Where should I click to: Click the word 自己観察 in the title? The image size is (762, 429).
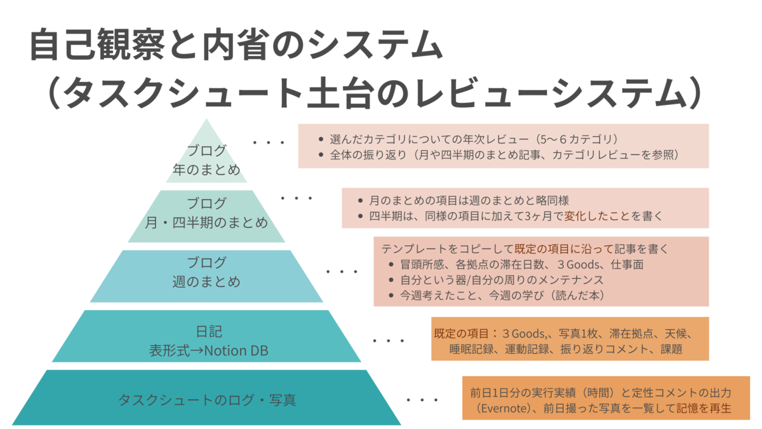click(98, 44)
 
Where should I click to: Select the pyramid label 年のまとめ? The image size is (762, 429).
click(206, 170)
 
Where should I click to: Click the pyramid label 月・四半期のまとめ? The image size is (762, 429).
click(206, 222)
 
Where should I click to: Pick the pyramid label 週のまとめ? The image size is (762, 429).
click(206, 282)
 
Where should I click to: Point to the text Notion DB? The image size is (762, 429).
click(236, 351)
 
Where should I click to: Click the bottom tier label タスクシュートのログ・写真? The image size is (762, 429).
click(207, 400)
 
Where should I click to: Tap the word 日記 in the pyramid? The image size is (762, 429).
click(209, 332)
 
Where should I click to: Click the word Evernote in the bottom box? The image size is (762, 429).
click(504, 408)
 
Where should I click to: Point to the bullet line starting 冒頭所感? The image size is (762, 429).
click(522, 264)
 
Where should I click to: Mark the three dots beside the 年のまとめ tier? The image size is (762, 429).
click(269, 142)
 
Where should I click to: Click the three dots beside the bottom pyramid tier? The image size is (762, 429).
click(422, 400)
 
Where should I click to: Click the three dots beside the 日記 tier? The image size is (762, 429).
click(389, 341)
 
